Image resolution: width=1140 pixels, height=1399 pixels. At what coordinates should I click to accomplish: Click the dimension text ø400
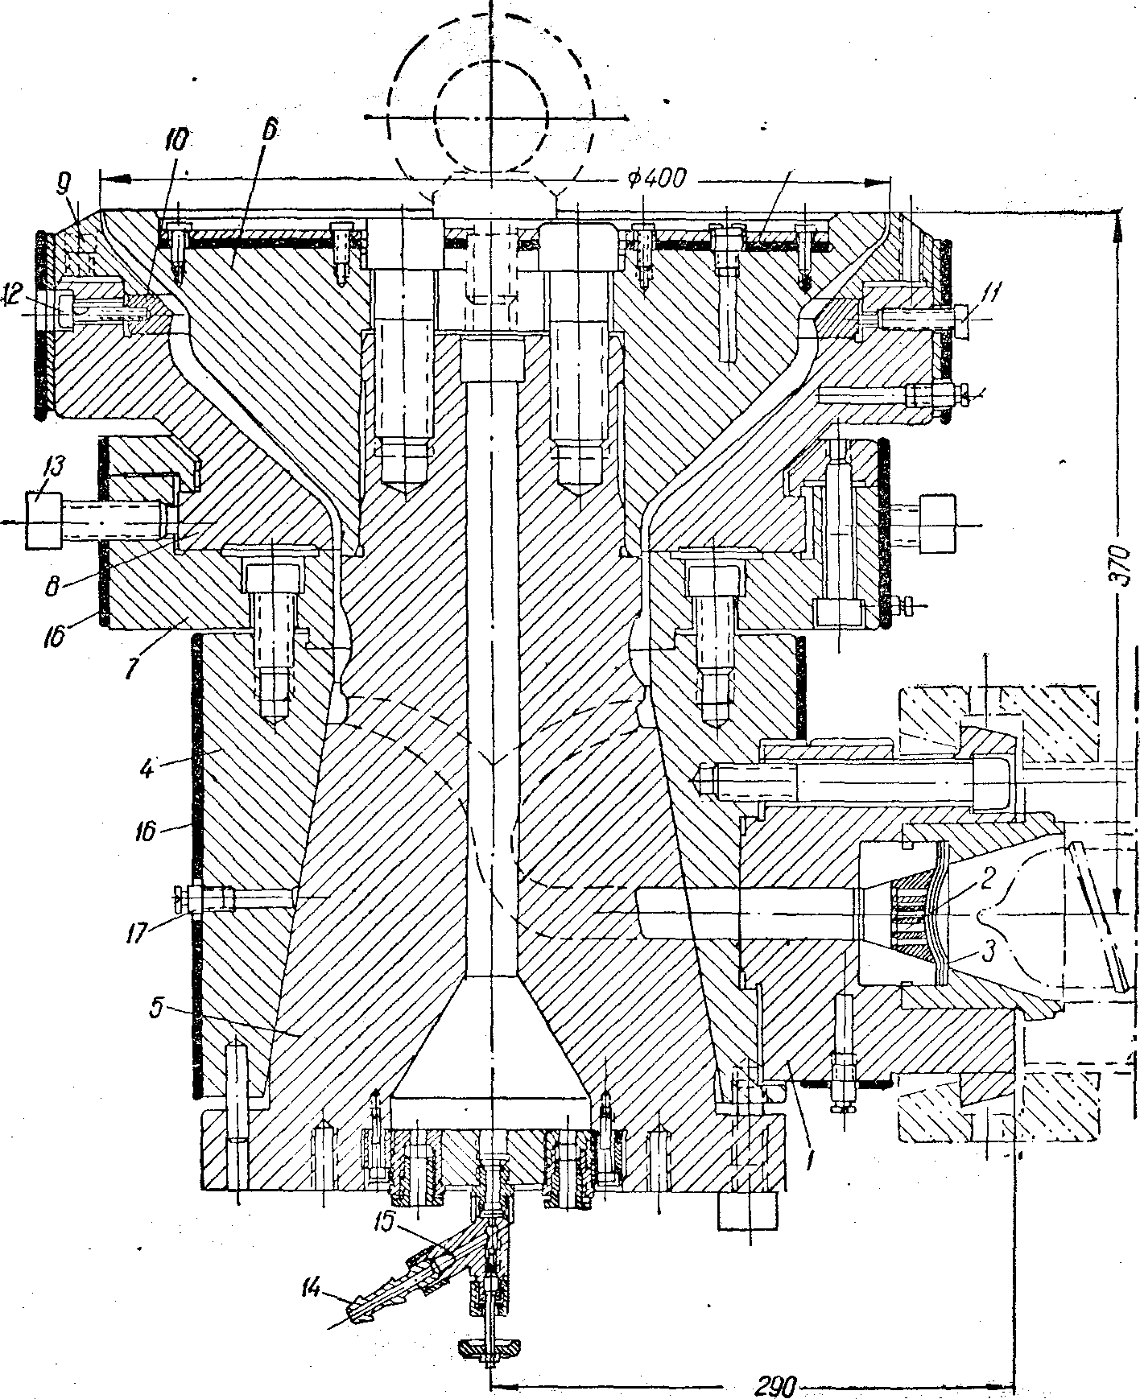click(x=659, y=178)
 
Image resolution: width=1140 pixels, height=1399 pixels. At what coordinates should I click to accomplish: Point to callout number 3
click(x=991, y=951)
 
